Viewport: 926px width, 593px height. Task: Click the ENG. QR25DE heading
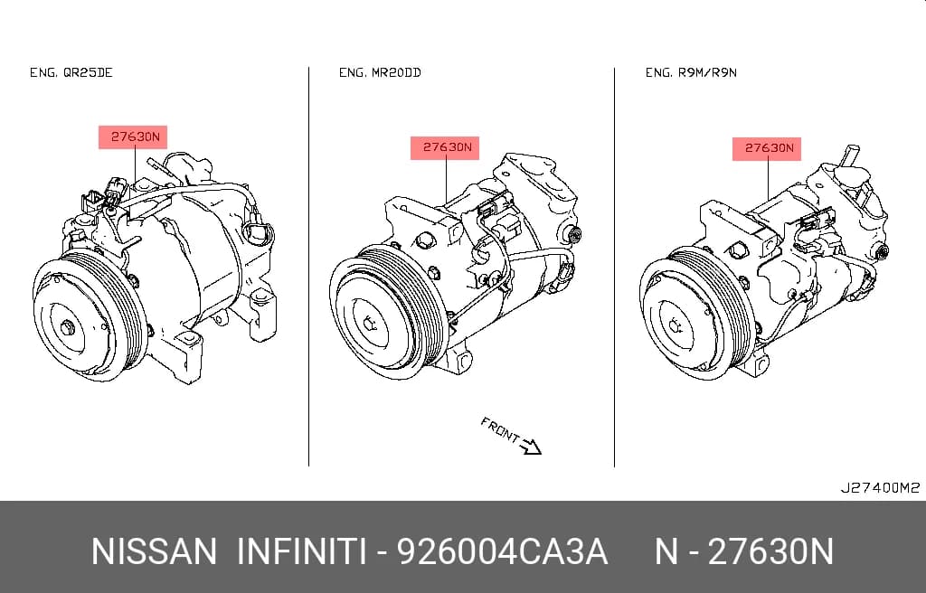click(71, 72)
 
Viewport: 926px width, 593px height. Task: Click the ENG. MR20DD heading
click(380, 72)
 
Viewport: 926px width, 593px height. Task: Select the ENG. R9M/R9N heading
click(691, 72)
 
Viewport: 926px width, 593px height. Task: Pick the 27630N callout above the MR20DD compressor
click(445, 147)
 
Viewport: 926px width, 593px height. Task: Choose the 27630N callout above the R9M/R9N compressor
click(767, 148)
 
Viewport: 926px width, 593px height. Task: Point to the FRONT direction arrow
click(531, 447)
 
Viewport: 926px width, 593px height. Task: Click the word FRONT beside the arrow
click(499, 429)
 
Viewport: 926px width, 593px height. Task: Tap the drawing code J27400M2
click(880, 488)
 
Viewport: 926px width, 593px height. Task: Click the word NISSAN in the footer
click(154, 551)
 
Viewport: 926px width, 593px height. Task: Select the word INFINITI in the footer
click(301, 551)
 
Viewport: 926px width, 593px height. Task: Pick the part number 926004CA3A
click(502, 551)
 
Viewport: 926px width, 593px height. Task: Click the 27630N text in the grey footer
click(770, 551)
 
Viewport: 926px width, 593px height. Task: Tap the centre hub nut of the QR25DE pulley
click(68, 328)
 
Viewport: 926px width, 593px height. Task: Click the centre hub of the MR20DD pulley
click(370, 324)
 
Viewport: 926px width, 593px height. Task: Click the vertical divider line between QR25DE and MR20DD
click(309, 267)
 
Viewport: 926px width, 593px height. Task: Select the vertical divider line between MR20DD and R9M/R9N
click(614, 267)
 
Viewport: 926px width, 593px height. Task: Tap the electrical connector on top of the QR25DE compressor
click(117, 190)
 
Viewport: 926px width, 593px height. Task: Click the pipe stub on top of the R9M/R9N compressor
click(851, 155)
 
